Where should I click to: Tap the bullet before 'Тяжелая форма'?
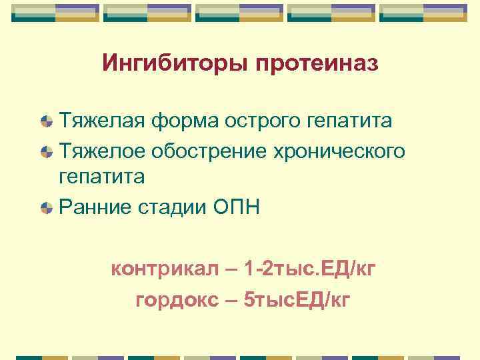(46, 122)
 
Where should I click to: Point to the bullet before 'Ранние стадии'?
(46, 208)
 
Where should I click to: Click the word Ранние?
(95, 207)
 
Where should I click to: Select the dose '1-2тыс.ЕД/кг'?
(310, 270)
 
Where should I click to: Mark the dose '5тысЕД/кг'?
(297, 300)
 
